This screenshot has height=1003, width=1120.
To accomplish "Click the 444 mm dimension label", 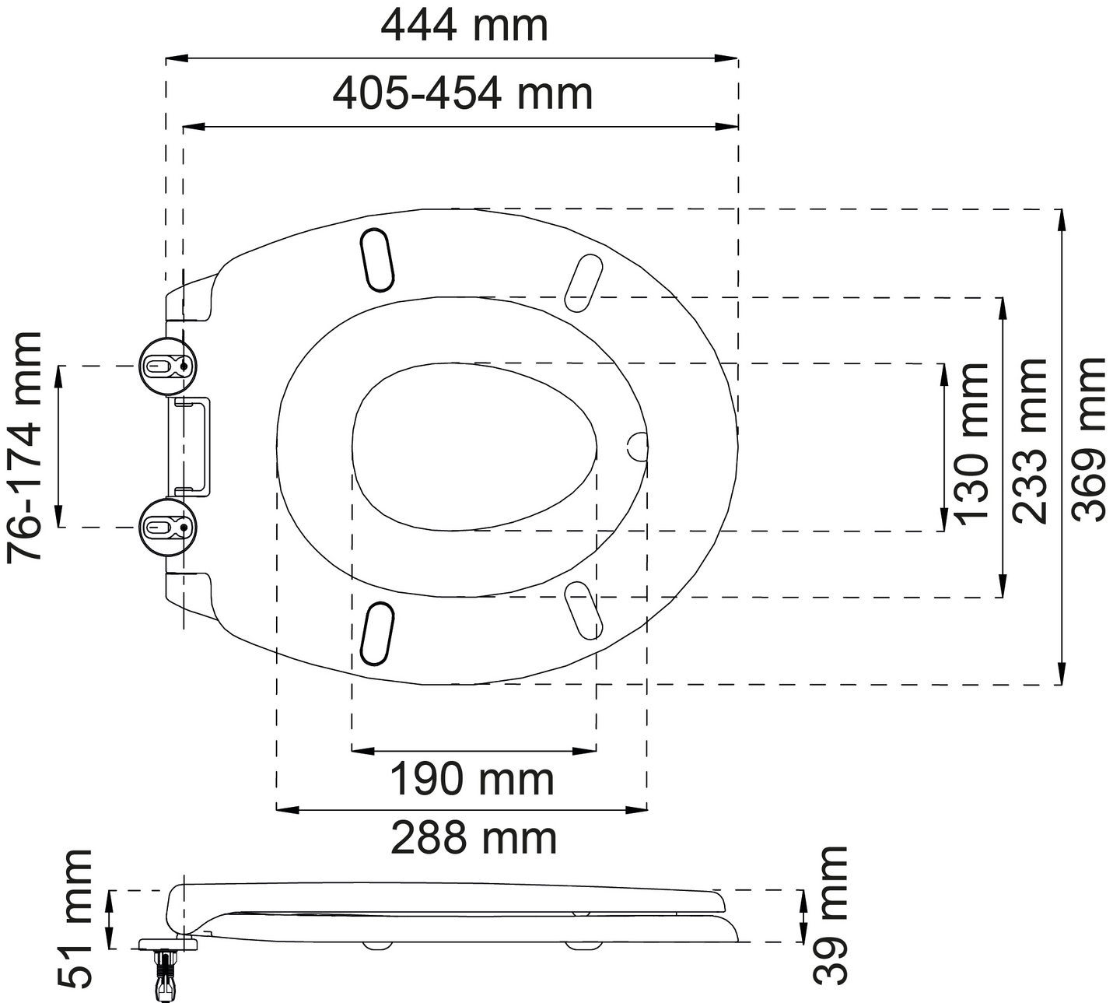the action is tap(464, 26).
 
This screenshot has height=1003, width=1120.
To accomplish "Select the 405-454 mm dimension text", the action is tap(462, 94).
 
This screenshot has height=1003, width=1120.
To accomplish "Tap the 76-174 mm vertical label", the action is tap(24, 447).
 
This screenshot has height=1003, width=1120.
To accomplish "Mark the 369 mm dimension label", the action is tap(1088, 440).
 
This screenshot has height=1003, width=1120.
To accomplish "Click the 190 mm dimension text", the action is tap(472, 780).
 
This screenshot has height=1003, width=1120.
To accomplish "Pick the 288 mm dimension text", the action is tap(474, 839).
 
